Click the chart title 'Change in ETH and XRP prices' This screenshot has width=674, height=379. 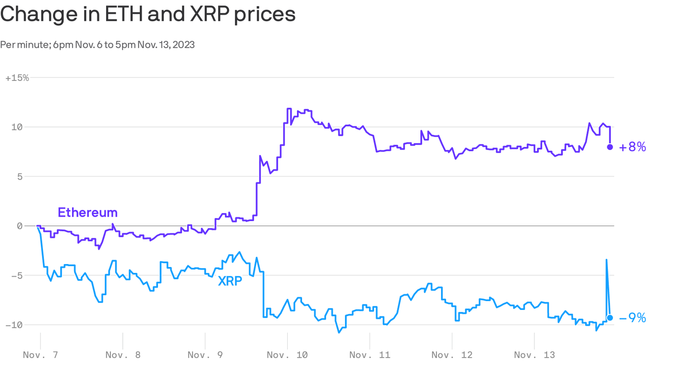tap(148, 14)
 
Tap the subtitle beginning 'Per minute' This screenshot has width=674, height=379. tap(97, 44)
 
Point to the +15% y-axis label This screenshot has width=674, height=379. tap(17, 78)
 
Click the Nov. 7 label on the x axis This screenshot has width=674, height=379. tap(40, 355)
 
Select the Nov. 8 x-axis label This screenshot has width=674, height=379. tap(123, 355)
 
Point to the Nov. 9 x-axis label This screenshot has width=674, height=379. tap(205, 355)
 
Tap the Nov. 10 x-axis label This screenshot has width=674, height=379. tap(288, 355)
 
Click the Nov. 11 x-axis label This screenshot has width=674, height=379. tap(370, 355)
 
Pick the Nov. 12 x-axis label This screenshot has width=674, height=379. tap(452, 355)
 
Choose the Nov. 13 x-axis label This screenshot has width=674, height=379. tap(534, 355)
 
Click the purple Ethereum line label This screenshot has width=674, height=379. tap(88, 213)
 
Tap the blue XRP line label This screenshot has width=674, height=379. tap(230, 281)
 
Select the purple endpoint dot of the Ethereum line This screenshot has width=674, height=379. tap(610, 147)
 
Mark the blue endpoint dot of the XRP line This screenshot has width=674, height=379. tap(610, 318)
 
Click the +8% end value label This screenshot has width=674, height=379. tap(633, 147)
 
